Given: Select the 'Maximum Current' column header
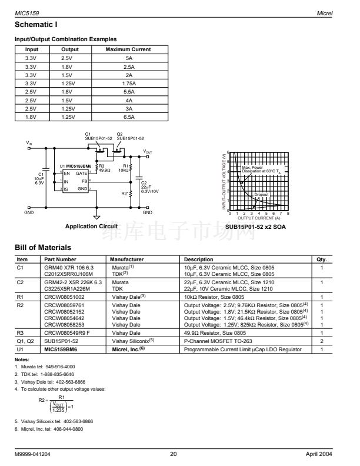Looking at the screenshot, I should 128,49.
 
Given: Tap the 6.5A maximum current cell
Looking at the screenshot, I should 128,118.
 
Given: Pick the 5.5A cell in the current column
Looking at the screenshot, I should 128,92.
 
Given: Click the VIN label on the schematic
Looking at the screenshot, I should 29,143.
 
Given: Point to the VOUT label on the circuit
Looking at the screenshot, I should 148,151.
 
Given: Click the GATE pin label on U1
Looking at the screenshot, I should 82,174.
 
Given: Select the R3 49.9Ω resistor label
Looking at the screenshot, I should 104,168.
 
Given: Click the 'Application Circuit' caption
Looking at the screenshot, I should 91,226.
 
